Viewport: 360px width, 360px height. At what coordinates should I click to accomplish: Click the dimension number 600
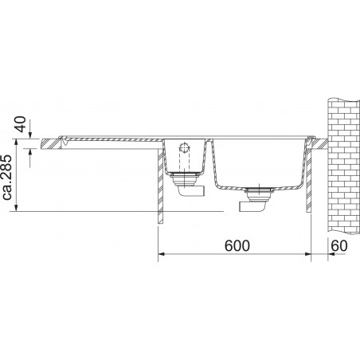[237, 245]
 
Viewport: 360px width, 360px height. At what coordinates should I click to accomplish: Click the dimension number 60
[339, 245]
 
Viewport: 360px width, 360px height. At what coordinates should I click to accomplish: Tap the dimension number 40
[21, 124]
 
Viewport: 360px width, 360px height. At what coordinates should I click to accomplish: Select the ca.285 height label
[7, 178]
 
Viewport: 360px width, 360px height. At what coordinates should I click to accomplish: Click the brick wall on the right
[344, 166]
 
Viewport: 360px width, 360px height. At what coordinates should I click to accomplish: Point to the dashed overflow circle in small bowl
[184, 147]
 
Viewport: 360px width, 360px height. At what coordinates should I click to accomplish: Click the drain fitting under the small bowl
[184, 178]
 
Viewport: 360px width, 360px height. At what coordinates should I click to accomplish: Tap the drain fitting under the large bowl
[257, 194]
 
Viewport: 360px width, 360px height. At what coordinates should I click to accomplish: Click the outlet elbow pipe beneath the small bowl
[191, 191]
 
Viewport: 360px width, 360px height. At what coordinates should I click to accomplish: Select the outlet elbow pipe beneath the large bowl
[252, 206]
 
